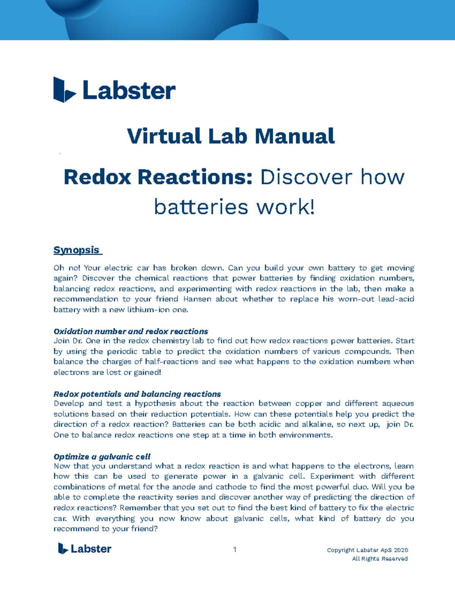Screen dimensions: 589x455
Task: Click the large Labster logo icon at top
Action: tap(64, 90)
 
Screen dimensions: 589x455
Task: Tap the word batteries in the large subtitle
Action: tap(201, 207)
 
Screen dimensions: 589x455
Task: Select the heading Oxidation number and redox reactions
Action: tap(131, 331)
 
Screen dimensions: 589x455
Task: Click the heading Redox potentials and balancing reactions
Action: tap(137, 394)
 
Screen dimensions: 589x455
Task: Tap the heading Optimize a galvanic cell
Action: tap(102, 457)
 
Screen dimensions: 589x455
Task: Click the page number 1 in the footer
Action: tap(235, 550)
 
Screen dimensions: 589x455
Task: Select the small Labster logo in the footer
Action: tap(85, 549)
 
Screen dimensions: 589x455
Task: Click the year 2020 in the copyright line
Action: tap(401, 550)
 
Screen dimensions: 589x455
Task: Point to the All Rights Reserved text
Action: tap(380, 559)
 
